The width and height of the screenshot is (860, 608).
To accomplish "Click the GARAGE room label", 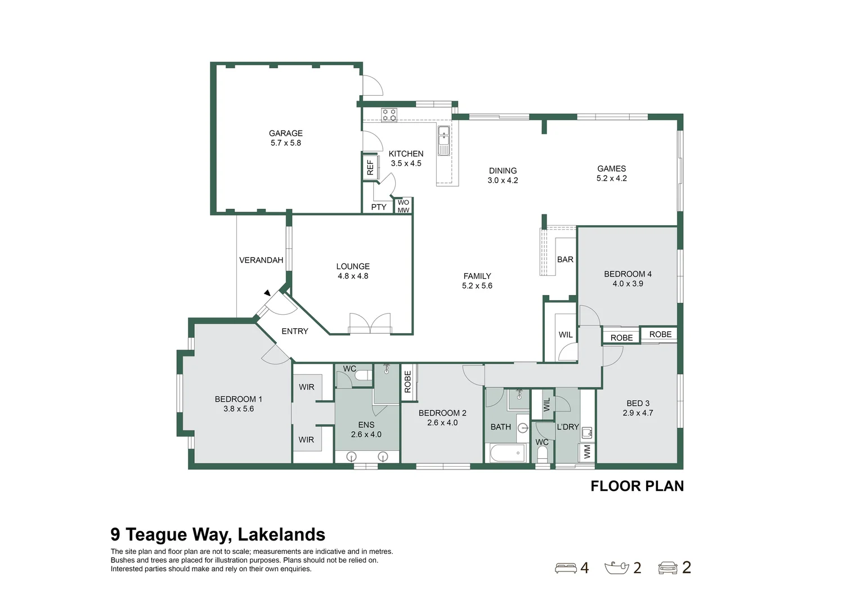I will pos(285,133).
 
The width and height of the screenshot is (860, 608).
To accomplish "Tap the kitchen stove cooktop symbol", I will pos(389,115).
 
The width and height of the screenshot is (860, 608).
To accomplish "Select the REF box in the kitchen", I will pos(370,168).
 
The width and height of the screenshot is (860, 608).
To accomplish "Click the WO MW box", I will pos(404,206).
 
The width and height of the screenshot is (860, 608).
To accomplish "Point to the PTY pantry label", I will pos(379,207).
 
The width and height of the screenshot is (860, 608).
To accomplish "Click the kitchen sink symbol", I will pos(444,140).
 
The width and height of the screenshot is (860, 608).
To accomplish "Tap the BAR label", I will pos(565,260).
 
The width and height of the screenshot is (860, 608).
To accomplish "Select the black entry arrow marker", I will pos(267,293).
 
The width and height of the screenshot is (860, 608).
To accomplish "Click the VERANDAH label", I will pos(261,260).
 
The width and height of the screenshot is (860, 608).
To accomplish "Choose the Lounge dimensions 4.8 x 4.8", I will pos(353,276).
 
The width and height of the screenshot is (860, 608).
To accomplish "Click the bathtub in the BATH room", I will pos(507,453).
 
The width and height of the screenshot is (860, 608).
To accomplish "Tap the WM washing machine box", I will pos(587,451).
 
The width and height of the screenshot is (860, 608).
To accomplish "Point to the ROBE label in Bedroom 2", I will pos(408,382).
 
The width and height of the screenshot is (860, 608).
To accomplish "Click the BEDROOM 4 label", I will pos(628,274).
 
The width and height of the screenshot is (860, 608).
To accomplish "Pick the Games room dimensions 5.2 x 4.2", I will pos(611,178).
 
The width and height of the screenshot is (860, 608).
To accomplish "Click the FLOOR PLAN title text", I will pos(637,486).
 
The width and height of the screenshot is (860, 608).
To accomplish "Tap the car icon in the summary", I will pos(668,568).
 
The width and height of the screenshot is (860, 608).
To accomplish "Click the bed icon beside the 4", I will pos(566,568).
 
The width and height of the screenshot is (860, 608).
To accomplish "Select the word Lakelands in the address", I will pos(281,534).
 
